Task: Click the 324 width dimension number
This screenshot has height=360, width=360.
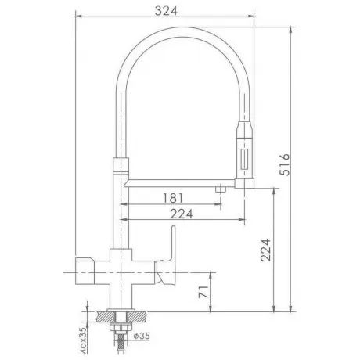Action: (166, 11)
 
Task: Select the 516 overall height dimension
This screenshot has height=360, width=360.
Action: (284, 164)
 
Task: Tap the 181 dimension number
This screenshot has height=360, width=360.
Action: (173, 198)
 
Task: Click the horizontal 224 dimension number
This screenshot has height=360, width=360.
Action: (182, 214)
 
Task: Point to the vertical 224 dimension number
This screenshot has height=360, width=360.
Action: (266, 250)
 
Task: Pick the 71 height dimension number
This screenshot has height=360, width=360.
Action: (203, 292)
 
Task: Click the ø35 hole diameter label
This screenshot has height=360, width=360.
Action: (142, 336)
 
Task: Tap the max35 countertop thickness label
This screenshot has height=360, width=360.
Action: (83, 340)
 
